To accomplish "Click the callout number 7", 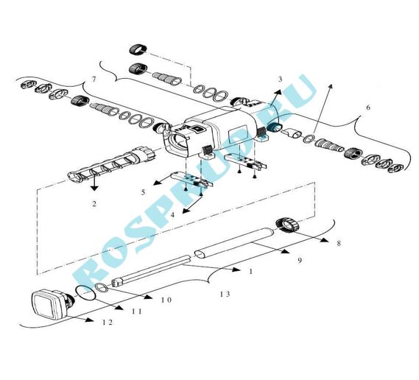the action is click(x=94, y=80).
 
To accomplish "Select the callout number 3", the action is click(x=280, y=79).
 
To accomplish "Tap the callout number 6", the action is click(x=368, y=108).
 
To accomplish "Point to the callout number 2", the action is click(x=94, y=204).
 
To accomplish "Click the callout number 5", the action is click(x=144, y=192).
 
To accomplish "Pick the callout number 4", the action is click(x=172, y=214).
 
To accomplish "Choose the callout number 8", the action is click(x=339, y=243).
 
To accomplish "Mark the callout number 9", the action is click(x=300, y=260).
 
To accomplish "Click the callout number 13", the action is click(x=225, y=295).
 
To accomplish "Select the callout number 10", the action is click(x=166, y=300).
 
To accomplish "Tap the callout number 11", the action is click(x=137, y=312).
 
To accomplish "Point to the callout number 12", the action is click(x=108, y=323).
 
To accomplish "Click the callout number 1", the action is click(x=250, y=272).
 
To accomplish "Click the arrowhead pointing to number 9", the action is click(x=286, y=251).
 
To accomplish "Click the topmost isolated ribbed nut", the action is click(x=138, y=49).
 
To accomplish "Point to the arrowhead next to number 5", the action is click(x=158, y=183).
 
